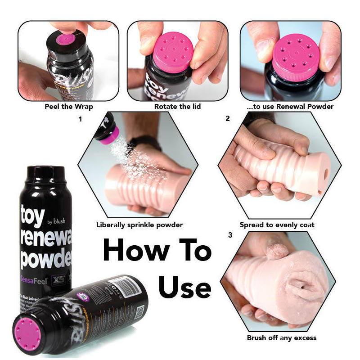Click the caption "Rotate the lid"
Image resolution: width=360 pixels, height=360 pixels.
(x=177, y=107)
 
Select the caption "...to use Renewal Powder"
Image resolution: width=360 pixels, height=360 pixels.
(x=291, y=107)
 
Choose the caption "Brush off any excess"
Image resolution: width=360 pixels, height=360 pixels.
(x=282, y=337)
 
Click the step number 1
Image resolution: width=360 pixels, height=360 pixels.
(x=80, y=119)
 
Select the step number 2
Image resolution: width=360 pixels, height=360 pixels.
(x=228, y=119)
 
